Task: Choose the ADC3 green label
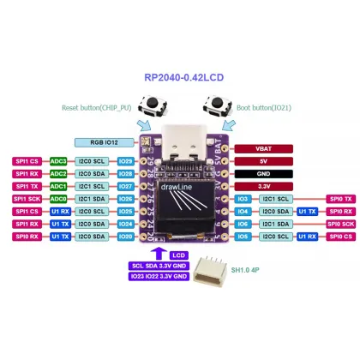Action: tap(58, 160)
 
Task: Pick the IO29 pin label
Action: tap(126, 160)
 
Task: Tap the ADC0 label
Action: tap(58, 198)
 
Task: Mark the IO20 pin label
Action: tap(126, 235)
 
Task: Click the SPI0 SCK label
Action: tap(341, 223)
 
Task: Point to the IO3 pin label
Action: tap(243, 198)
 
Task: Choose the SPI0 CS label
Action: tap(341, 235)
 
